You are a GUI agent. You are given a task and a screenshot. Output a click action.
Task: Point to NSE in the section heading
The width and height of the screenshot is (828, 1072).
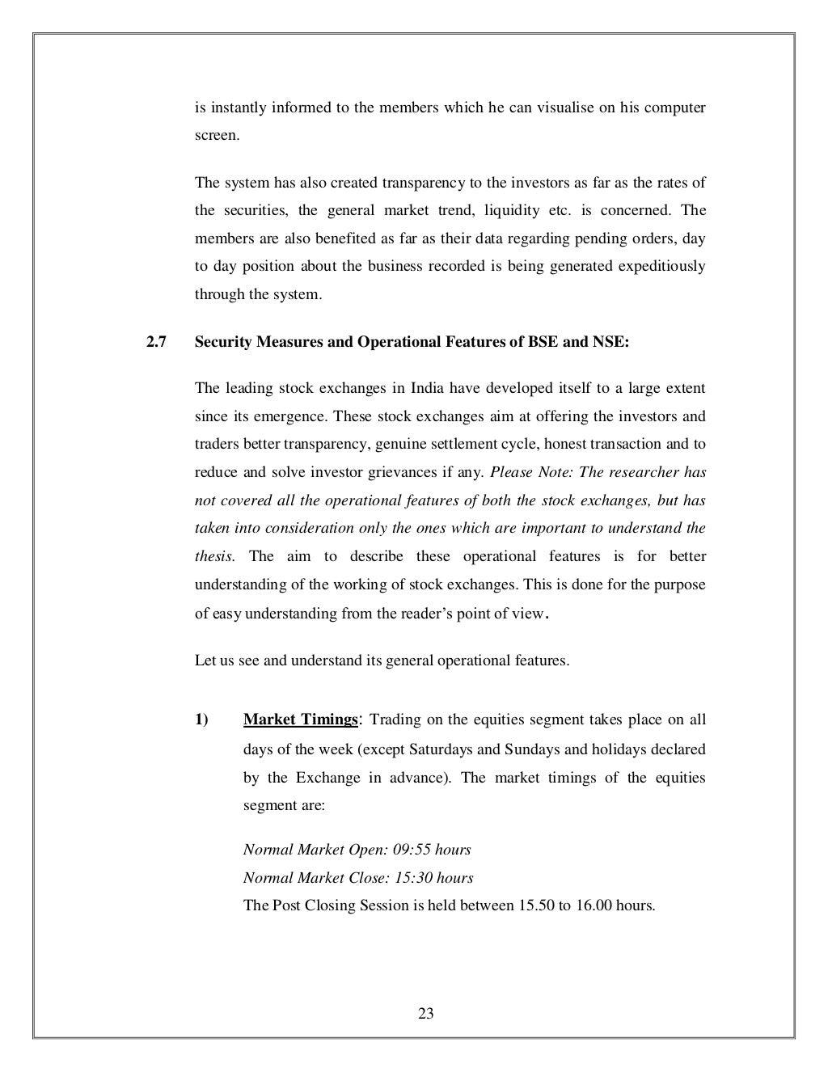(x=610, y=341)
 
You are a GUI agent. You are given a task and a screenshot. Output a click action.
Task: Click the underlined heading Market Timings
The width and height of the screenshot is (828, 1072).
(x=300, y=720)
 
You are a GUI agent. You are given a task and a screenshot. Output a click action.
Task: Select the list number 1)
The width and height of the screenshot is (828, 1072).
(x=201, y=720)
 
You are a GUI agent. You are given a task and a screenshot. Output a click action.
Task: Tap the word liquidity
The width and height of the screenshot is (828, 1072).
(x=511, y=210)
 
